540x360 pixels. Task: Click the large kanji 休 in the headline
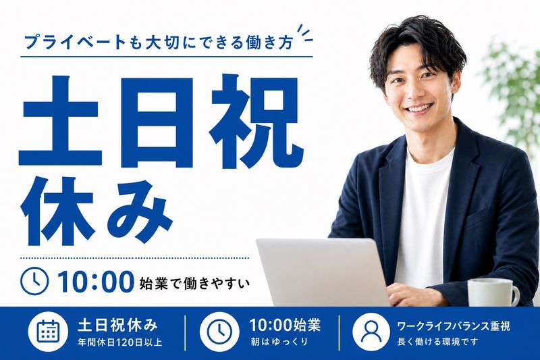tap(57, 210)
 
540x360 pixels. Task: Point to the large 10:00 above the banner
tap(95, 282)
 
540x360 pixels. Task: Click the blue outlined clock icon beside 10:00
tap(34, 281)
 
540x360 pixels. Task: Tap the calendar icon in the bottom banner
tap(48, 331)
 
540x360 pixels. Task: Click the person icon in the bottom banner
tap(371, 331)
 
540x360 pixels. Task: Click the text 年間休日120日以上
tap(120, 342)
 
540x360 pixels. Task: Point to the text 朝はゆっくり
tap(279, 342)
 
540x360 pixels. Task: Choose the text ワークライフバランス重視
tap(453, 326)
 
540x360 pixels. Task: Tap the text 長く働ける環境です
tap(437, 342)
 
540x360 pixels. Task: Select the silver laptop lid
tap(323, 272)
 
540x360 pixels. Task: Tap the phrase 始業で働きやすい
tap(194, 284)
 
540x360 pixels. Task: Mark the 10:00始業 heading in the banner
tap(285, 325)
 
